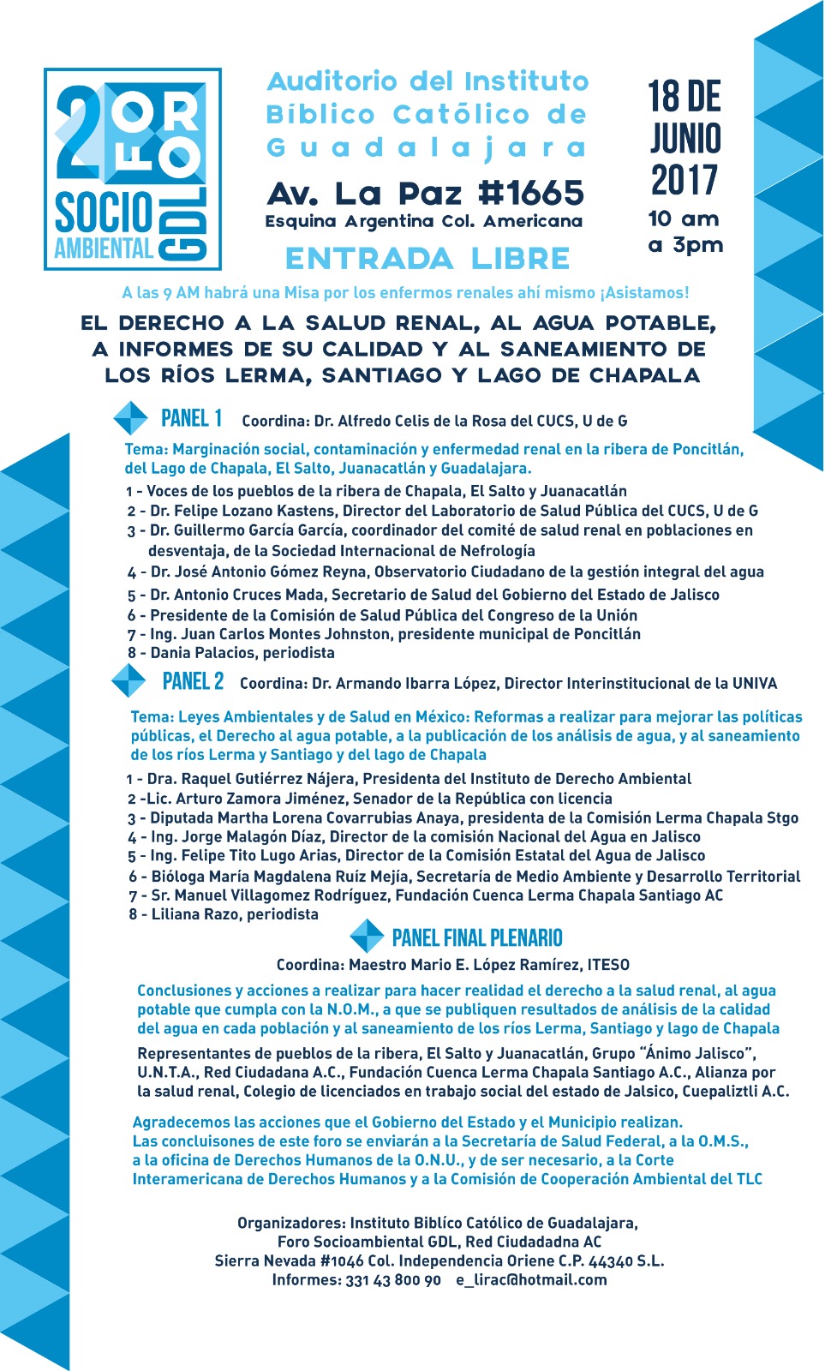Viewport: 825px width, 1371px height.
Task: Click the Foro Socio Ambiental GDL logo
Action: coord(133,169)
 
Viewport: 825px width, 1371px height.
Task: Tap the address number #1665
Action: coord(531,193)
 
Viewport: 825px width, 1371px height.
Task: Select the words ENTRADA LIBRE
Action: coord(427,259)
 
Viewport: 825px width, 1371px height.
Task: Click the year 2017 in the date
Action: coord(685,180)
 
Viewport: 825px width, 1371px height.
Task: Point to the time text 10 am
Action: coord(684,219)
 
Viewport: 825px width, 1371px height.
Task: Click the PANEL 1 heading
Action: coord(192,418)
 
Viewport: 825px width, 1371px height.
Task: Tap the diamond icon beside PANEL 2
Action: coord(129,681)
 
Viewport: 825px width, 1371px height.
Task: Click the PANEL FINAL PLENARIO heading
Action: coord(477,937)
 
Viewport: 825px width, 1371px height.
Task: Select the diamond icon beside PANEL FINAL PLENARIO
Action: coord(368,936)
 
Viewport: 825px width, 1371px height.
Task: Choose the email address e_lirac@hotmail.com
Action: coord(531,1280)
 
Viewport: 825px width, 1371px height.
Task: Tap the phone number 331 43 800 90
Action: coord(393,1280)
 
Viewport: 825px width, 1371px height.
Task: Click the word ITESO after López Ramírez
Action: coord(607,965)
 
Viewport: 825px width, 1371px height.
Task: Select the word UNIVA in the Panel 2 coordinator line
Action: coord(755,684)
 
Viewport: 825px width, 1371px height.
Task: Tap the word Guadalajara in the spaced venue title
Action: coord(427,147)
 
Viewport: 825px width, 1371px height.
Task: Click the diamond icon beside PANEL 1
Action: coord(131,418)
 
